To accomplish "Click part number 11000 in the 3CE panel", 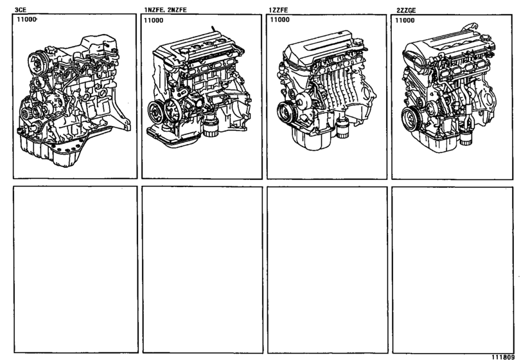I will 27,21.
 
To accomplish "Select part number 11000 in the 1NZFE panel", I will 154,21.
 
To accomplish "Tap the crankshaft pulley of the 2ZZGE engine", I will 410,118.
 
